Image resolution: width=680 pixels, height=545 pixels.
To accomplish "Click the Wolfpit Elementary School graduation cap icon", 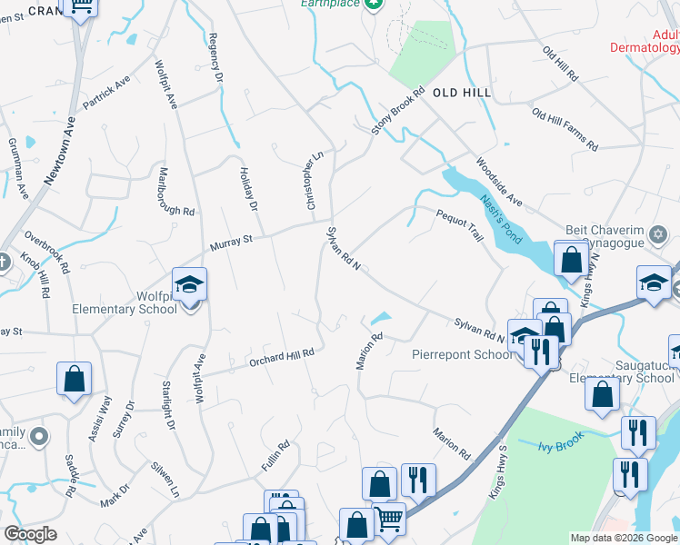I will pyautogui.click(x=189, y=286).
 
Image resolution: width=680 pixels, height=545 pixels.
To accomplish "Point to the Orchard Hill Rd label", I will pyautogui.click(x=282, y=357).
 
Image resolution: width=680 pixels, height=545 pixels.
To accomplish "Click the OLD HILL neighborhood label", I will pyautogui.click(x=462, y=93).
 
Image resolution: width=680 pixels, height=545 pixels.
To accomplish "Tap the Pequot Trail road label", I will pyautogui.click(x=459, y=223).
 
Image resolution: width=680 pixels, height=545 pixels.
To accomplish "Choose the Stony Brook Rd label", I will pyautogui.click(x=398, y=112).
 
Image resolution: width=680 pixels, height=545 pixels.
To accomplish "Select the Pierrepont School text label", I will pyautogui.click(x=462, y=354).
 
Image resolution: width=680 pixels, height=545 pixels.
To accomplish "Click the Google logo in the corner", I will pyautogui.click(x=30, y=534).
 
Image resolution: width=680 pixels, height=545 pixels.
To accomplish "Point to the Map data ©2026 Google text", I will pyautogui.click(x=624, y=538).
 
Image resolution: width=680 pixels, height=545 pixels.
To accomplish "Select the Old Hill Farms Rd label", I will pyautogui.click(x=565, y=130).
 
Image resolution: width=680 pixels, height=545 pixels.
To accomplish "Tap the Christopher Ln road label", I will pyautogui.click(x=313, y=182).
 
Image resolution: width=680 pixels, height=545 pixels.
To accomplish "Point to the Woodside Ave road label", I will pyautogui.click(x=499, y=182).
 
